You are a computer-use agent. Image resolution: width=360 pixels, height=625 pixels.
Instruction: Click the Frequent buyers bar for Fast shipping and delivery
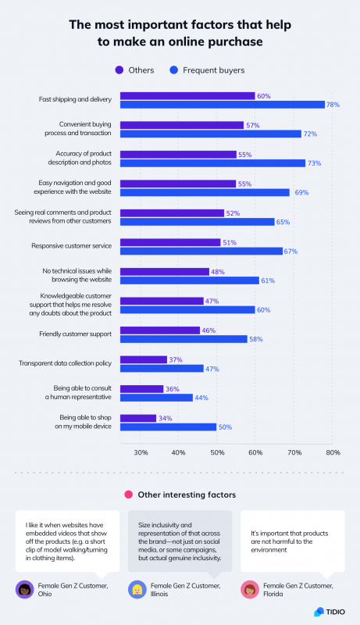pyautogui.click(x=223, y=104)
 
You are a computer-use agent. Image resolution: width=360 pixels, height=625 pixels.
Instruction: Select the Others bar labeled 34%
pyautogui.click(x=138, y=418)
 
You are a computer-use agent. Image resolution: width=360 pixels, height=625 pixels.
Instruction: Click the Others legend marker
pyautogui.click(x=119, y=70)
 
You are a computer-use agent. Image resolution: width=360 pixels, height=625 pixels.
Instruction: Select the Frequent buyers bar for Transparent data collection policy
pyautogui.click(x=162, y=368)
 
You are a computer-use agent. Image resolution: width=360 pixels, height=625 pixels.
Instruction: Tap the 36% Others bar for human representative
pyautogui.click(x=141, y=388)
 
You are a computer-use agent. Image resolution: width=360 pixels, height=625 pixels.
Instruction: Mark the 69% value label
pyautogui.click(x=301, y=192)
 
